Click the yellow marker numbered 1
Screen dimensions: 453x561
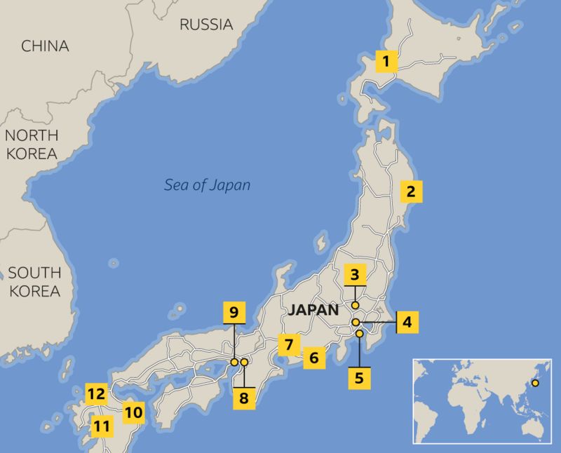coord(387,62)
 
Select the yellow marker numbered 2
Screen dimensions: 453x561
coord(411,191)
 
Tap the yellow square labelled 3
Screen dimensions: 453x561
coord(356,275)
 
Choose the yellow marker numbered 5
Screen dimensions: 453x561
coord(359,378)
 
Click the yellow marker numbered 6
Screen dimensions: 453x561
coord(314,358)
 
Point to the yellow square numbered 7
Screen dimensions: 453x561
coord(288,344)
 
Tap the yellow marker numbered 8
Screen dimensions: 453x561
coord(244,398)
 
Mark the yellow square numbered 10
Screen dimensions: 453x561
coord(133,412)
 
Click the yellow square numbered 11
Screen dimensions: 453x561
coord(102,425)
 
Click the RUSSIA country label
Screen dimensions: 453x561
coord(206,25)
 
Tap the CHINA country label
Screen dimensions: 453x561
coord(45,46)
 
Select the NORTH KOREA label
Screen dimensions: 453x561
coord(32,144)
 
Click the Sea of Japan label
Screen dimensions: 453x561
coord(207,186)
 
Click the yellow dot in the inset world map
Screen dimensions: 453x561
coord(536,383)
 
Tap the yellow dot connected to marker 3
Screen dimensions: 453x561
coord(356,306)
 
